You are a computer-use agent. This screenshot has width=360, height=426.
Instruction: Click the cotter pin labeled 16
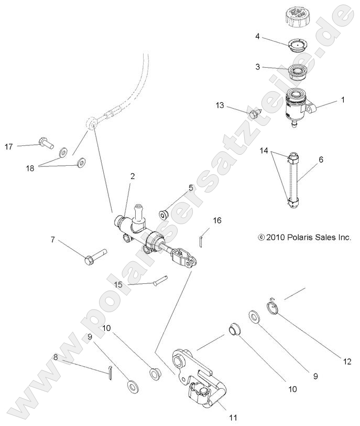coord(203,239)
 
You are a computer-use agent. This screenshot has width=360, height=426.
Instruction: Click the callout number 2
coord(132,176)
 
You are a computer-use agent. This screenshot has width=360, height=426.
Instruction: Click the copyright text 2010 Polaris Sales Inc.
coord(304,237)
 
